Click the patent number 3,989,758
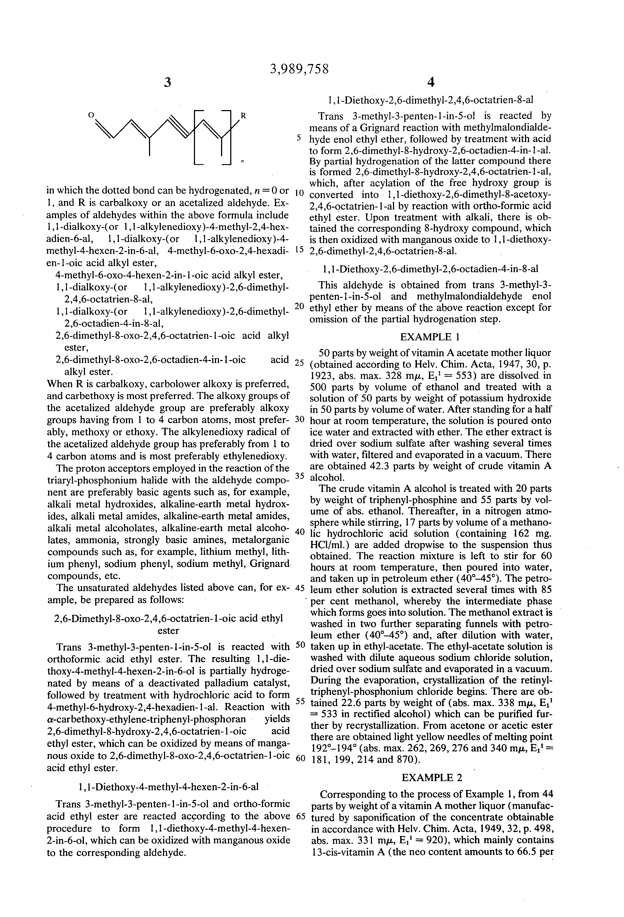pyautogui.click(x=299, y=69)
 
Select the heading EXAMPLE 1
pyautogui.click(x=430, y=337)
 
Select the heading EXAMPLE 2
pyautogui.click(x=431, y=777)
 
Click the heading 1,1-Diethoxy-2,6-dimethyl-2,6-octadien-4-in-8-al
pyautogui.click(x=430, y=269)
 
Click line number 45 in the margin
pyautogui.click(x=300, y=588)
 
